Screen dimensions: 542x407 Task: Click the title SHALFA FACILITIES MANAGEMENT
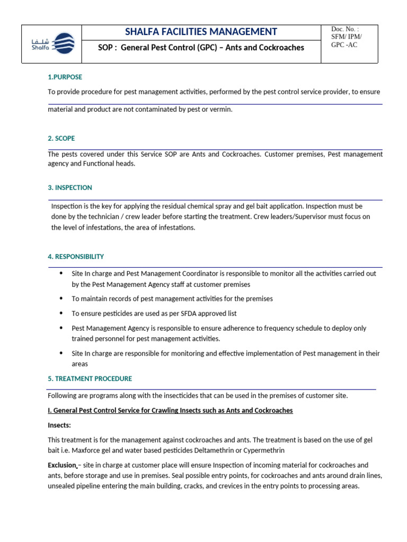[x=200, y=32]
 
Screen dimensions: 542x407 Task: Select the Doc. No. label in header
[x=344, y=29]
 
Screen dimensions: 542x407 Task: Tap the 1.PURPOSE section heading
[x=65, y=77]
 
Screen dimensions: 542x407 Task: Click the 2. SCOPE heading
[x=61, y=138]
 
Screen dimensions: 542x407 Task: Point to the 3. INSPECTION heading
[x=69, y=187]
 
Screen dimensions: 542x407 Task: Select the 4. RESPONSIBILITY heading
[x=75, y=256]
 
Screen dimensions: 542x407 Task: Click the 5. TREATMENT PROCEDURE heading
[x=90, y=378]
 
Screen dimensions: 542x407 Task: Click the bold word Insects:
[x=59, y=425]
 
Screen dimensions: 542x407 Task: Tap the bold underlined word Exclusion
[x=62, y=465]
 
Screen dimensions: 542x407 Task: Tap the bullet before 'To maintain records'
[x=61, y=298]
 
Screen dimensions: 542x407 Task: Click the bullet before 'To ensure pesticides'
[x=61, y=313]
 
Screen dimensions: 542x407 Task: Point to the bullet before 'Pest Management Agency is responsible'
[x=61, y=328]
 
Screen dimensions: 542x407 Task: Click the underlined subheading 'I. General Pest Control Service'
[x=170, y=410]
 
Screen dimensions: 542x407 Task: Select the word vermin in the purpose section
[x=220, y=109]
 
